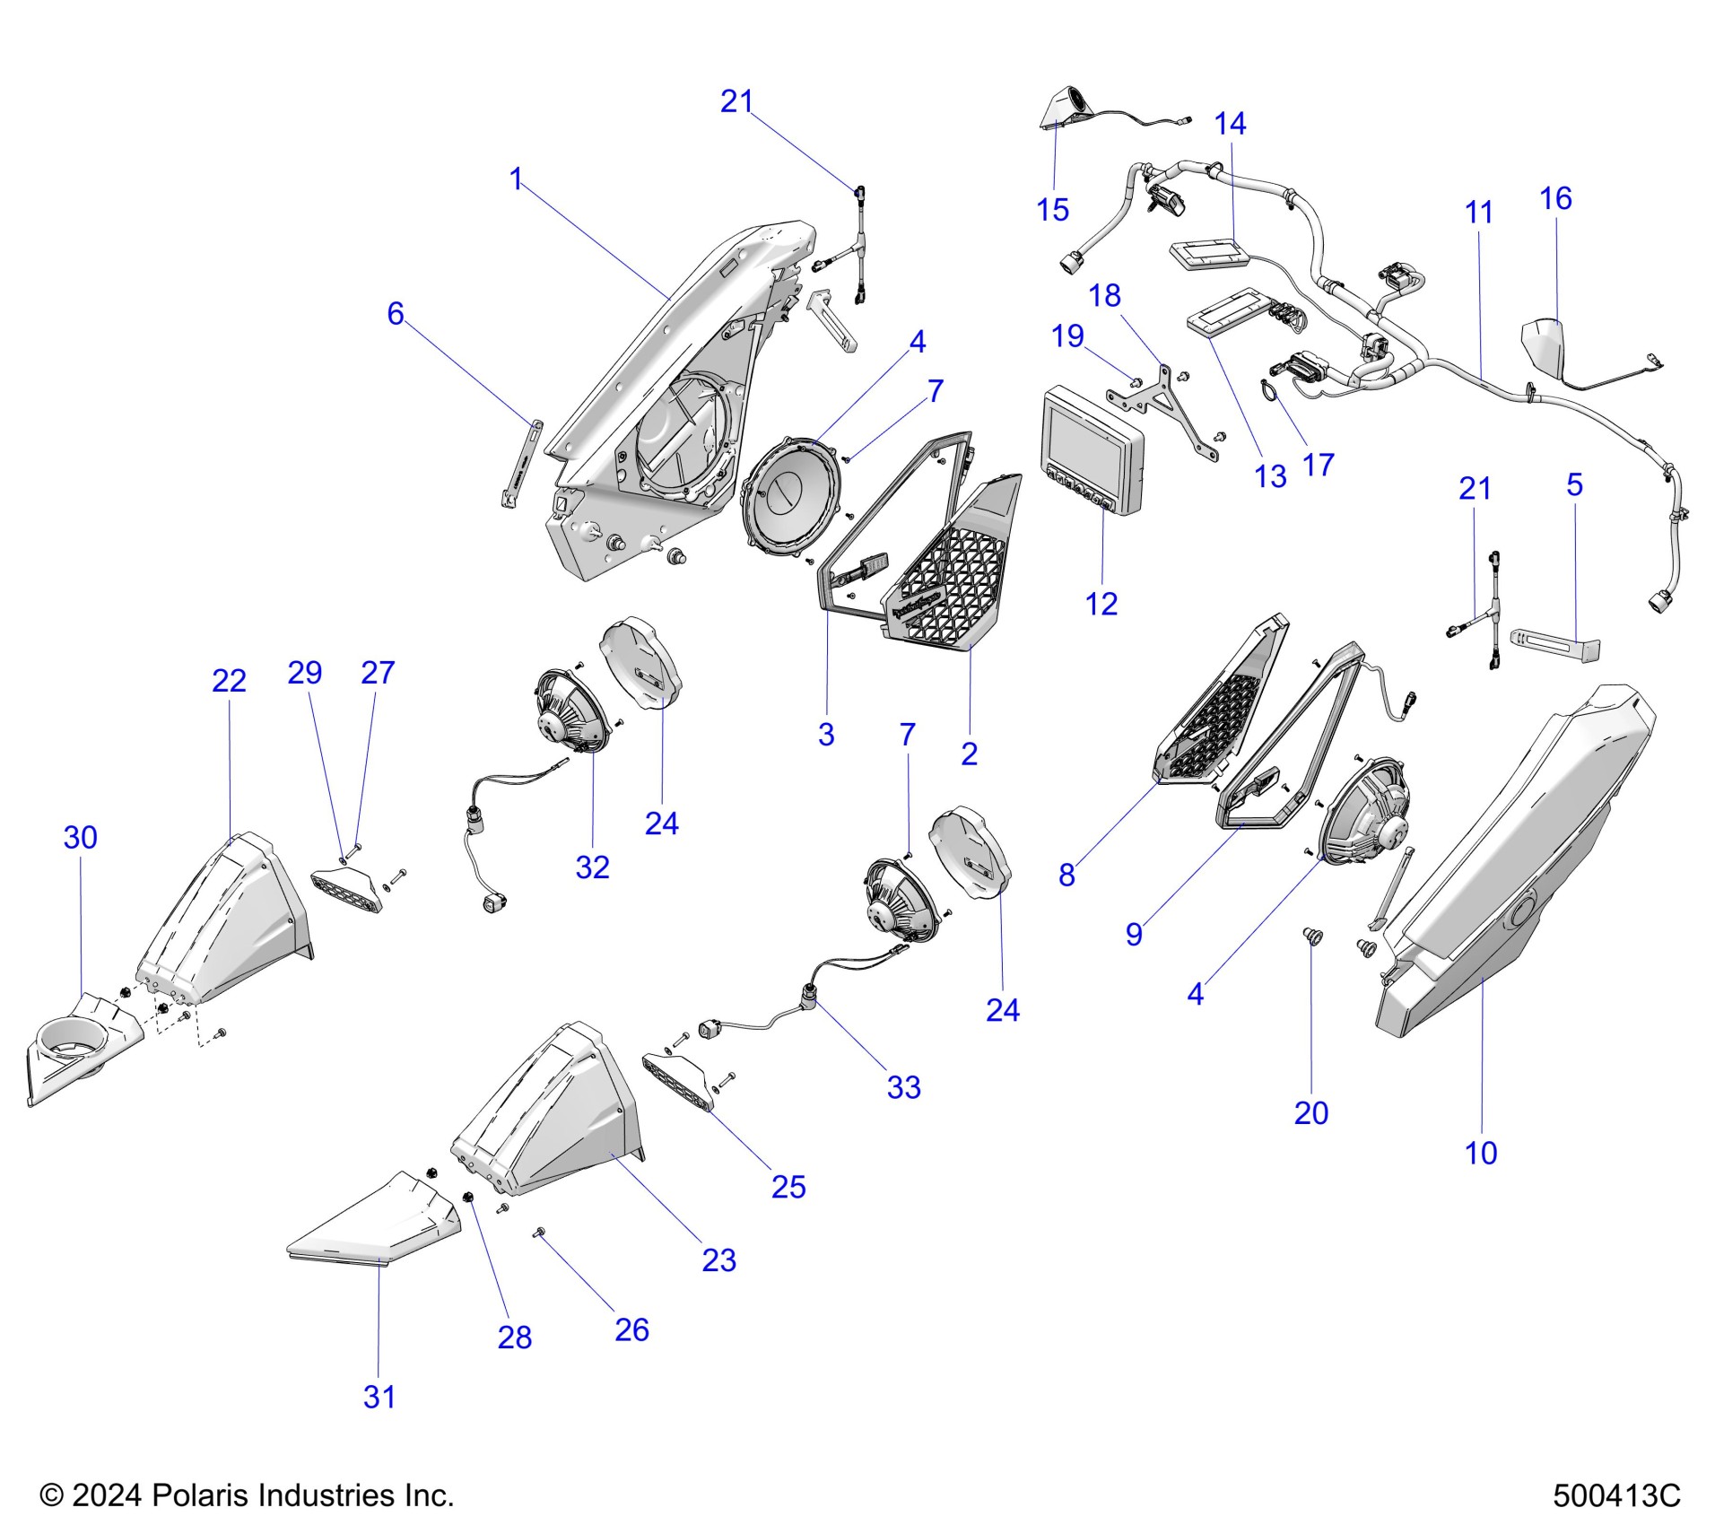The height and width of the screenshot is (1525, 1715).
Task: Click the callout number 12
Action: click(1101, 604)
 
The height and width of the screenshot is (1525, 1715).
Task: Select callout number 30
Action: click(80, 838)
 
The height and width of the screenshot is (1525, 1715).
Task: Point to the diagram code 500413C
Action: click(1616, 1495)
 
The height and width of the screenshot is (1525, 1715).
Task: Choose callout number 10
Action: click(1481, 1153)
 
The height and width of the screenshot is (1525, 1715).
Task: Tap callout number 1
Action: click(516, 179)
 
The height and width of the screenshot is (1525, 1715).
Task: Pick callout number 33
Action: click(903, 1087)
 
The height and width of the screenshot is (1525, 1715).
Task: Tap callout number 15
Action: click(1052, 210)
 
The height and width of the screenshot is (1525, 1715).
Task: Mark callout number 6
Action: click(395, 313)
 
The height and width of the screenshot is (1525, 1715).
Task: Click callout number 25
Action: click(788, 1187)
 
